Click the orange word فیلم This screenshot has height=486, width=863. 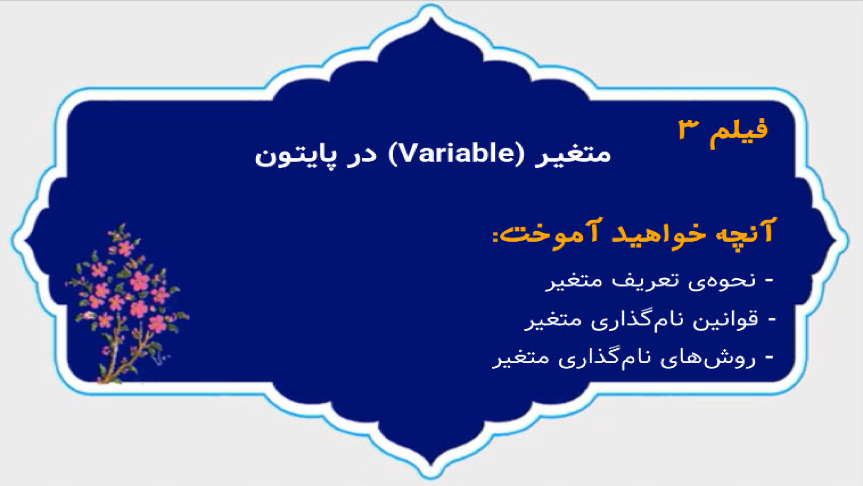pos(738,132)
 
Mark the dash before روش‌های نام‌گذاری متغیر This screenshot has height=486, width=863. pos(769,358)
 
